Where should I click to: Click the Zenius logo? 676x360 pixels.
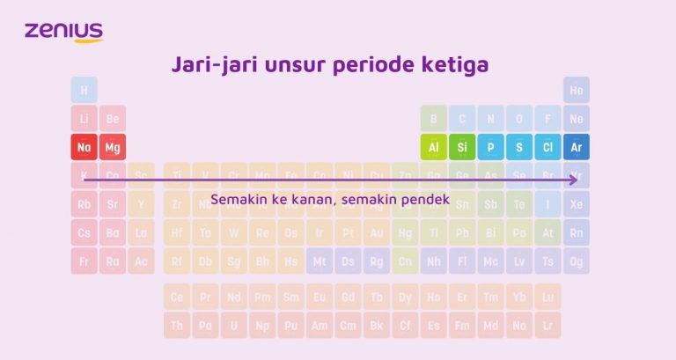click(x=64, y=32)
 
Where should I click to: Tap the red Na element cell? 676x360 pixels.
click(x=84, y=147)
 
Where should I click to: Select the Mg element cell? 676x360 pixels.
click(x=113, y=147)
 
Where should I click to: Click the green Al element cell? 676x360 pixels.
click(x=434, y=147)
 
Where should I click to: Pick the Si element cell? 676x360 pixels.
click(x=462, y=147)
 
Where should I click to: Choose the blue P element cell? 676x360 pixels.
click(x=490, y=147)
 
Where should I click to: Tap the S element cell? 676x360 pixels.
click(x=519, y=147)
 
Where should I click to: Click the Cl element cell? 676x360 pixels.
click(x=547, y=147)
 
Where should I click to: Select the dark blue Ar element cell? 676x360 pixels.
click(x=577, y=147)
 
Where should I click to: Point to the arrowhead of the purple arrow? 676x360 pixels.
click(x=575, y=179)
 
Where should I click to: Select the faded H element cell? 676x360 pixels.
click(x=84, y=90)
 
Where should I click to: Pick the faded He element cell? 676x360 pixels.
click(x=577, y=90)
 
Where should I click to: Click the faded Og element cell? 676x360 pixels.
click(x=577, y=261)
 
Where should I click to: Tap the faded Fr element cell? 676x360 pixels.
click(x=84, y=261)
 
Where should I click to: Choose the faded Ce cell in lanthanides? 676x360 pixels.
click(x=177, y=298)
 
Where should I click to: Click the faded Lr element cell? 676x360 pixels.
click(x=547, y=326)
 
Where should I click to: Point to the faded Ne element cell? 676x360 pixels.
click(x=577, y=119)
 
